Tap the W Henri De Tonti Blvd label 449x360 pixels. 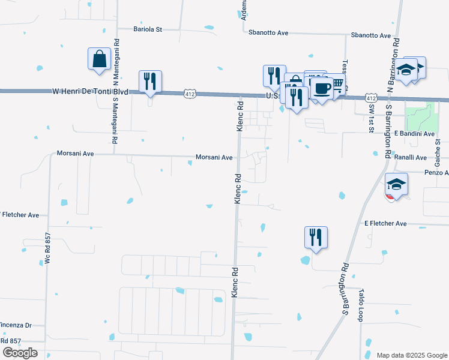click(91, 91)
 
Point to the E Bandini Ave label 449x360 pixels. click(414, 133)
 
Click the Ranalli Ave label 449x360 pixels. click(411, 157)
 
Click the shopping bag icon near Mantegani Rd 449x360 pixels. click(99, 59)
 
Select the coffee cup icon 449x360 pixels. click(321, 89)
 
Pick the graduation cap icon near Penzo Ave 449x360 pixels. click(396, 184)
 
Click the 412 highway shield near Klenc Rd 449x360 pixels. click(190, 94)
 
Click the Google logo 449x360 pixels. click(20, 353)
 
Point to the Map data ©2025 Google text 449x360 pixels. click(411, 355)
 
